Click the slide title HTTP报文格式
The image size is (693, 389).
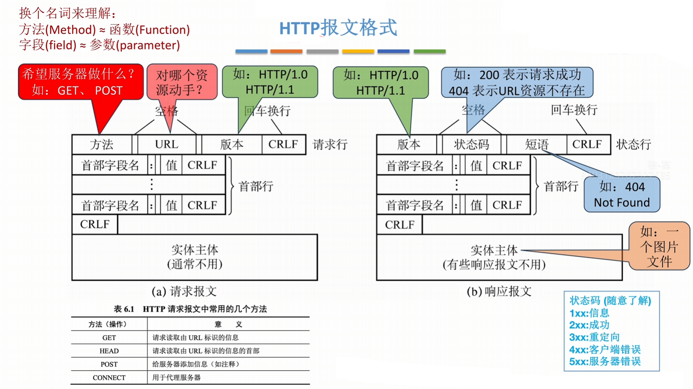338,28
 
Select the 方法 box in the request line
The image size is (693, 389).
102,144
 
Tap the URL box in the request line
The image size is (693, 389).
166,144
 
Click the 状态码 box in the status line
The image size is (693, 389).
471,144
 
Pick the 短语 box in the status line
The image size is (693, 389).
536,144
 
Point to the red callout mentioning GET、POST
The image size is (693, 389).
80,82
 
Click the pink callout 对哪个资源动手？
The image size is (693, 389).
182,82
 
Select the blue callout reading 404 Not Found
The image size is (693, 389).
622,195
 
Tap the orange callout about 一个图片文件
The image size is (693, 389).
659,246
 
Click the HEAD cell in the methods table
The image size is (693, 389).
109,351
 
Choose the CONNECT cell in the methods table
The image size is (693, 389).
109,377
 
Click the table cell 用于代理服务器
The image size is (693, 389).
177,377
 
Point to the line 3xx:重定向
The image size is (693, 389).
594,337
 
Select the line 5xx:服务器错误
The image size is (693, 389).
605,361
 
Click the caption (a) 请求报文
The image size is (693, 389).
184,291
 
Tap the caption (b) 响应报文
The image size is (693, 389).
499,291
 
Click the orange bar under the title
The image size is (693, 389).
286,52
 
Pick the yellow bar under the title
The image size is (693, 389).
358,52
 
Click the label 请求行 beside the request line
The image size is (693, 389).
330,144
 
